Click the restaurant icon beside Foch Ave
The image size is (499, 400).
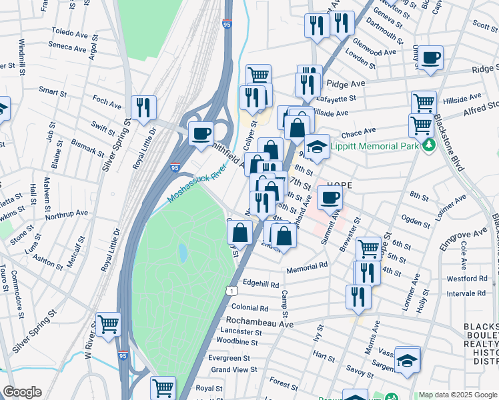point(143,107)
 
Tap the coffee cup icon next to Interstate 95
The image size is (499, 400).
point(201,133)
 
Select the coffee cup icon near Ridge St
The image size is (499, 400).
point(431,58)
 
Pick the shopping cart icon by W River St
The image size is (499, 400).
point(108,325)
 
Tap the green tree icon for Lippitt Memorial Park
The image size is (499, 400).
point(431,145)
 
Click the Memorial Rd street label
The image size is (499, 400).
point(307,265)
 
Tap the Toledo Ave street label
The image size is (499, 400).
point(69,31)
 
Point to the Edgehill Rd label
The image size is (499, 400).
point(261,284)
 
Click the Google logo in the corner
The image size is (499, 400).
point(22,392)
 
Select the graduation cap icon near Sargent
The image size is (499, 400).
point(407,360)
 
